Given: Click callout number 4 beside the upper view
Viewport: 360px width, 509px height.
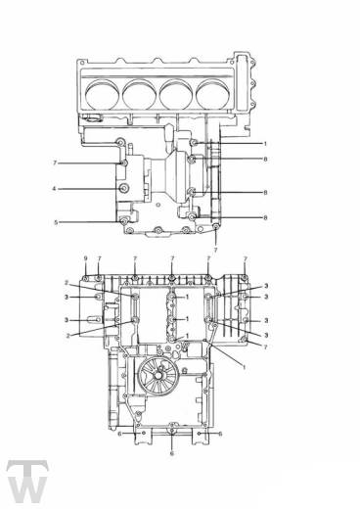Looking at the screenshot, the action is [55, 189].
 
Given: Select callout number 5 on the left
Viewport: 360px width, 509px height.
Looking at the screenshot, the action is [56, 222].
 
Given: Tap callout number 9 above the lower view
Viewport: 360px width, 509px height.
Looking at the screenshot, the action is [85, 258].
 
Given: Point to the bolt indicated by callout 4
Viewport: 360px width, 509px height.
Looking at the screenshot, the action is [124, 188].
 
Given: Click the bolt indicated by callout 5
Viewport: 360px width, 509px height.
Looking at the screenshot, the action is [124, 222].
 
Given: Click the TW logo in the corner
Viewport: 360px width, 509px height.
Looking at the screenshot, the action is [27, 482].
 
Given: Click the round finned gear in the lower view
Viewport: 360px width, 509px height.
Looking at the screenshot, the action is [157, 376].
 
